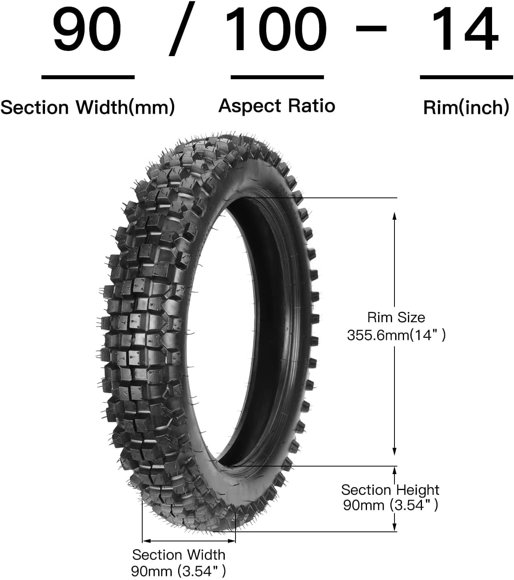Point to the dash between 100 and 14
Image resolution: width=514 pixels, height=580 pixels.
point(371,28)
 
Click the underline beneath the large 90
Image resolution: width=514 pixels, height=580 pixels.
point(88,77)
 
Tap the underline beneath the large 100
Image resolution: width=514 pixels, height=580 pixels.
point(277,77)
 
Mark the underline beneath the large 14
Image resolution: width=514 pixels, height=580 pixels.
point(467,77)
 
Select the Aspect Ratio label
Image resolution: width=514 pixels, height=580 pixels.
point(277,106)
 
